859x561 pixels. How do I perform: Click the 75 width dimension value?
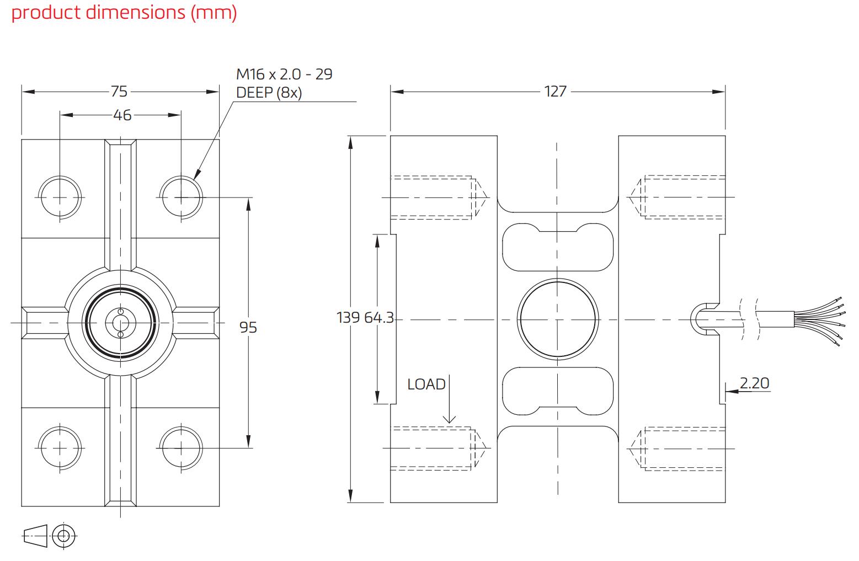click(119, 92)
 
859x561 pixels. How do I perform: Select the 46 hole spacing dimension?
click(122, 115)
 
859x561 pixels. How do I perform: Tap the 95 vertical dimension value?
click(248, 327)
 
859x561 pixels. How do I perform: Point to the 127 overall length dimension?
click(555, 92)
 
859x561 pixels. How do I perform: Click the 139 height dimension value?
click(349, 318)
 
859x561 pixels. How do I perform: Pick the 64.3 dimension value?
click(379, 318)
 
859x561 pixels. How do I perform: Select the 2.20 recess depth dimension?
click(754, 383)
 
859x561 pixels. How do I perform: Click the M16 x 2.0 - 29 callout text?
click(284, 74)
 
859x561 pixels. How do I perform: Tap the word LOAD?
click(426, 384)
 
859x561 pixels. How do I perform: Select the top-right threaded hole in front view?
click(181, 197)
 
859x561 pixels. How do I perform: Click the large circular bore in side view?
click(557, 319)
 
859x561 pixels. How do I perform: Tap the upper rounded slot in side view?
click(557, 248)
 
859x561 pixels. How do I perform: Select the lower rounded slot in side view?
click(557, 391)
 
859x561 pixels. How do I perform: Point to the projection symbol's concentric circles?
click(65, 535)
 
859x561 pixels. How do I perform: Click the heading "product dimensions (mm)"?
click(124, 12)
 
